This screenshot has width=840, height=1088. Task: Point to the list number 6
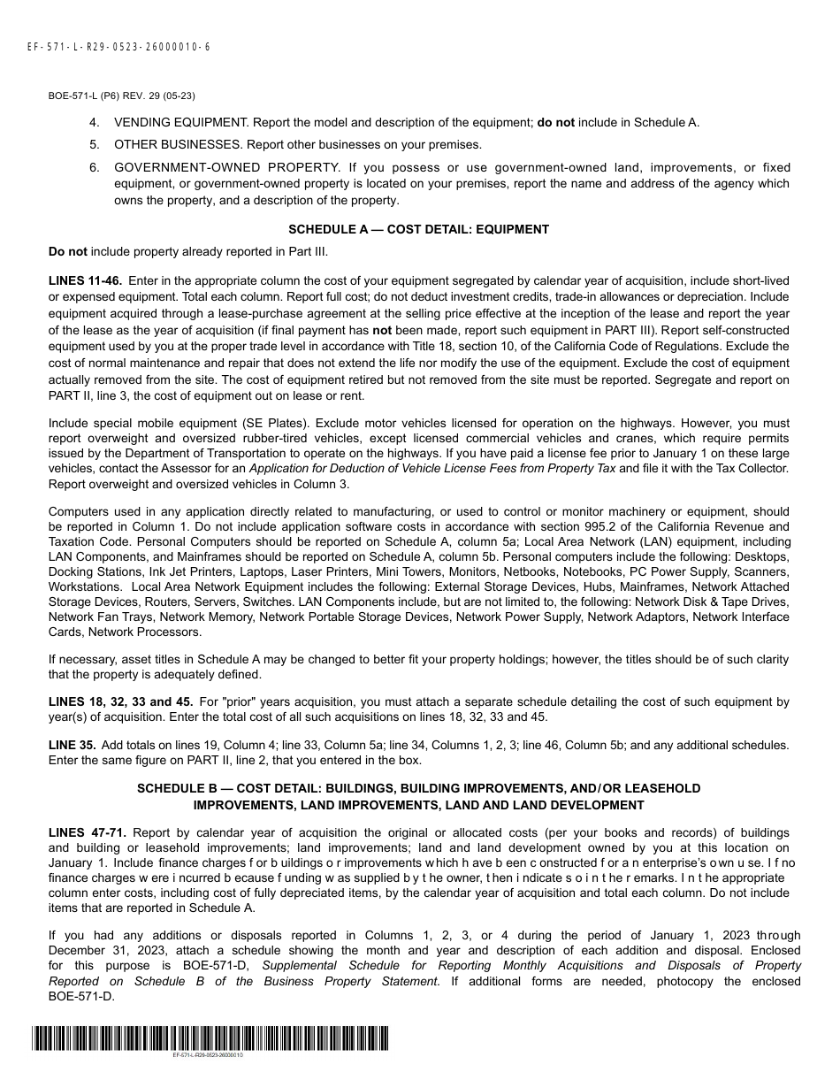coord(94,167)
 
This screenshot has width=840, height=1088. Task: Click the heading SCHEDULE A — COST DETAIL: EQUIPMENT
coord(418,229)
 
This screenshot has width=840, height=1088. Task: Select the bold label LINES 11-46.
coord(86,280)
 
